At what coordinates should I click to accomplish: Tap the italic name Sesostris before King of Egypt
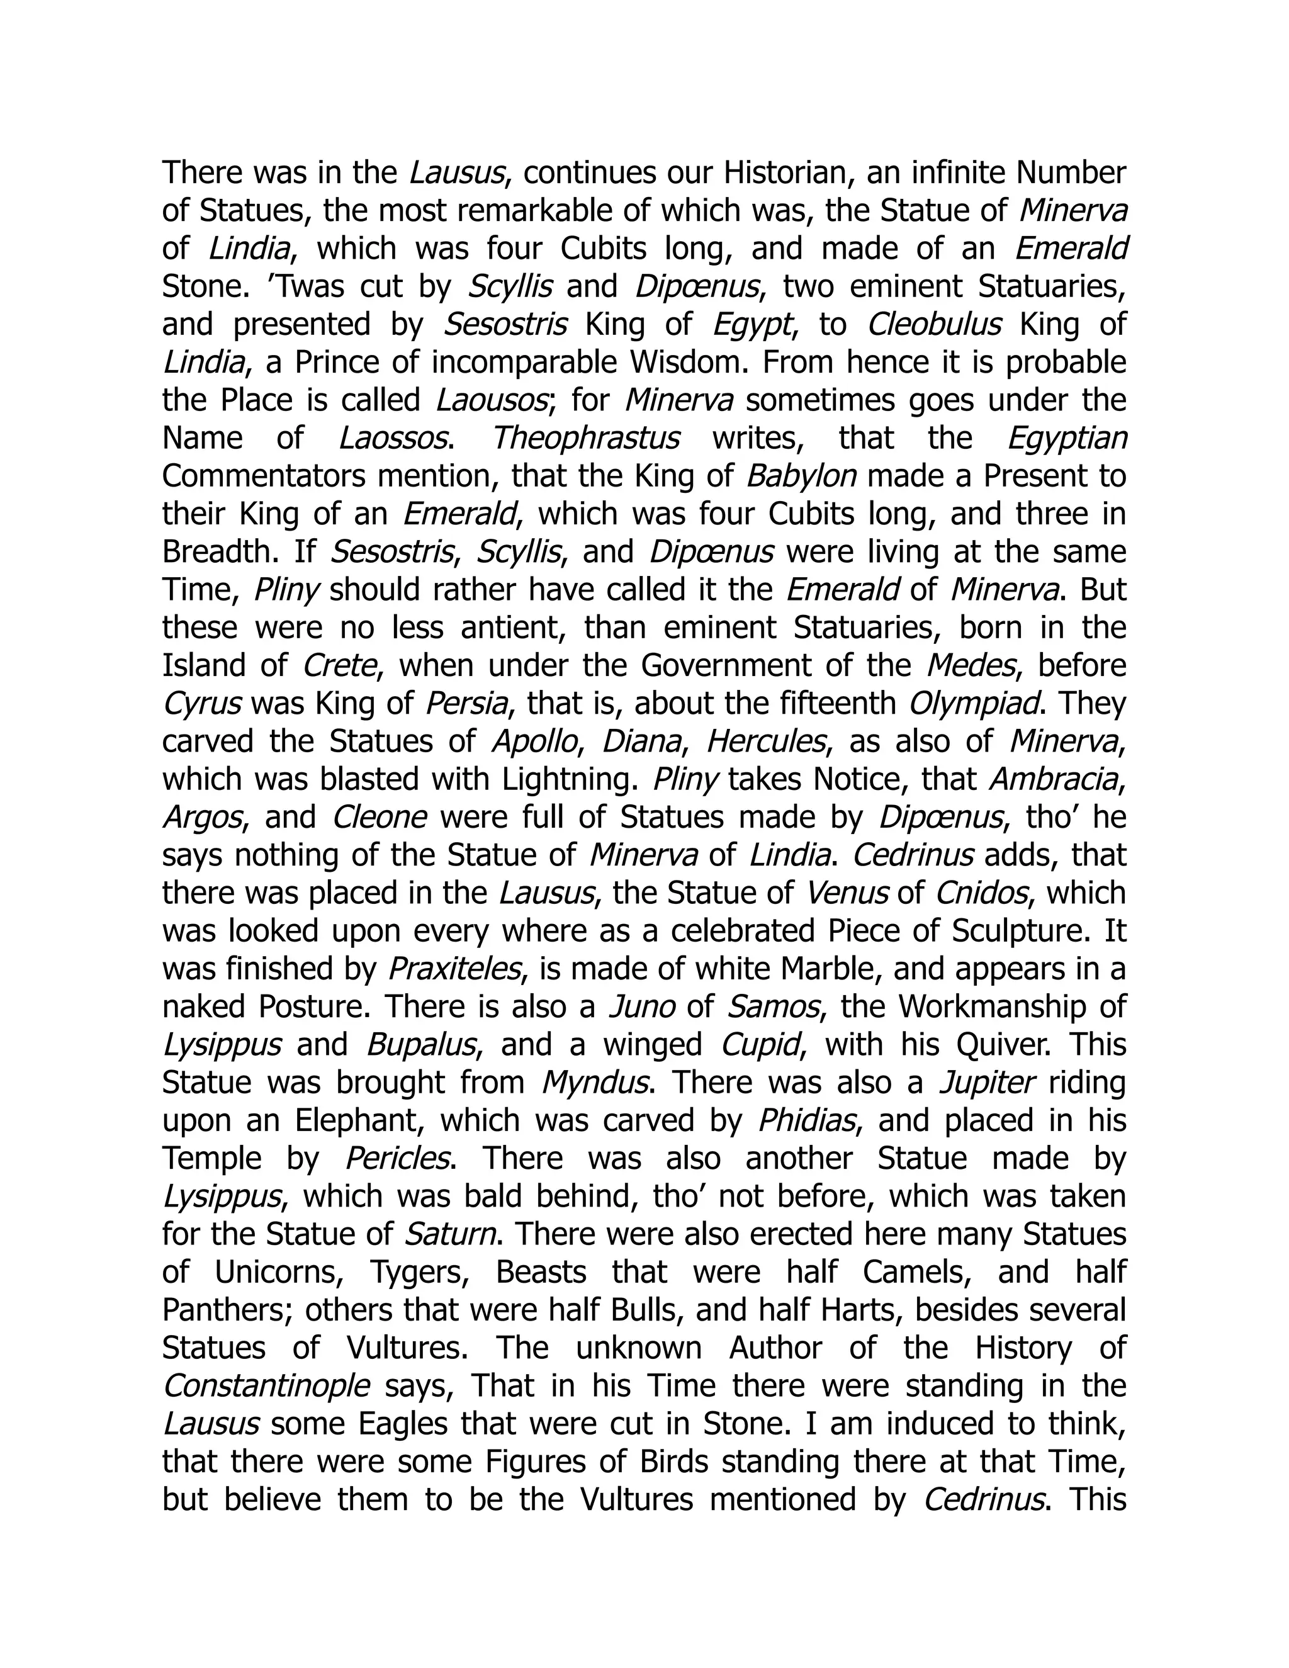click(505, 325)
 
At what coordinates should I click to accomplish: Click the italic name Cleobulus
click(934, 325)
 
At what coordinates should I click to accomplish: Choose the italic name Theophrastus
click(586, 438)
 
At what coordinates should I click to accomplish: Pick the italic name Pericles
click(397, 1158)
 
